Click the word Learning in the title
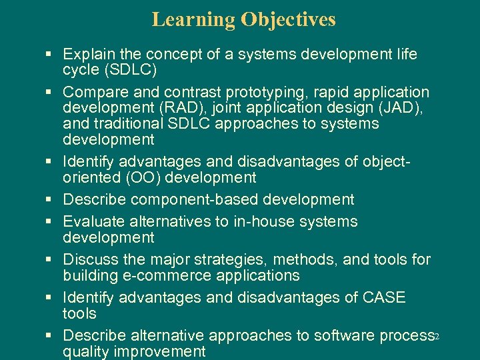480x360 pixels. click(193, 20)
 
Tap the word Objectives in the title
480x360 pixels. click(288, 20)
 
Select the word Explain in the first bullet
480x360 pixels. click(88, 54)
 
